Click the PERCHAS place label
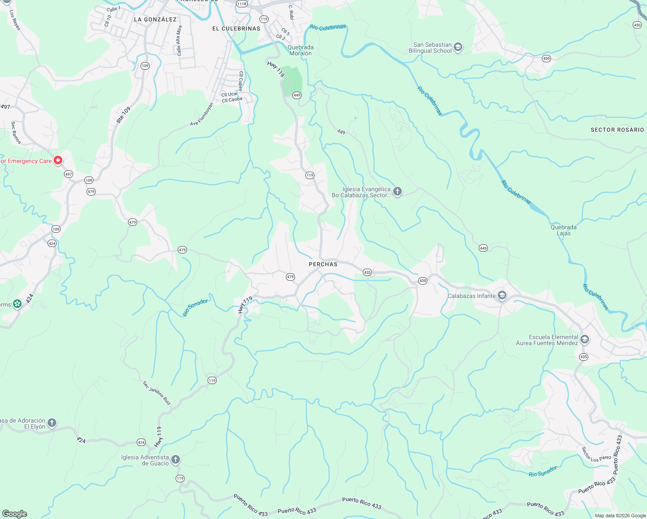(323, 264)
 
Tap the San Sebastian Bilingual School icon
(458, 48)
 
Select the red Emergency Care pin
(58, 160)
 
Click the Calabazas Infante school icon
(502, 296)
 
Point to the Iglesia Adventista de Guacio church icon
(175, 460)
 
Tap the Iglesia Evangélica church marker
(397, 192)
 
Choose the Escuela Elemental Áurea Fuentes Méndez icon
(585, 340)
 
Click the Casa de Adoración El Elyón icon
(52, 423)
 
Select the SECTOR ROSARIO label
(617, 130)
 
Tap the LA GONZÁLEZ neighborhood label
(155, 19)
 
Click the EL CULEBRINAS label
(236, 29)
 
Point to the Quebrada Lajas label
(564, 230)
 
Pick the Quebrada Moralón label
(301, 50)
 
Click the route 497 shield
(68, 174)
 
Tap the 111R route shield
(242, 4)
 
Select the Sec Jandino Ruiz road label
(157, 393)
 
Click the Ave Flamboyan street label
(202, 114)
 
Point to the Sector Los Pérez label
(597, 454)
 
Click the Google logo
(14, 514)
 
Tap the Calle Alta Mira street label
(179, 41)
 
